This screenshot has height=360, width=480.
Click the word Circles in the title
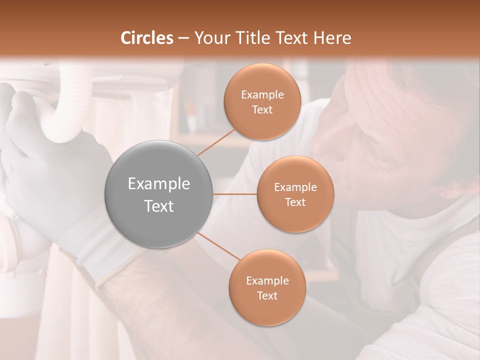[x=147, y=38]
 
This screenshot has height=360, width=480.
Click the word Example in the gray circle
[x=159, y=184]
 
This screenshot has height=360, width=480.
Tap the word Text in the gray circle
[x=159, y=206]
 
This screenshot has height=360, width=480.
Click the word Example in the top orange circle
[x=262, y=95]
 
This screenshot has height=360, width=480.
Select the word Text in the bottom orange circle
[x=267, y=295]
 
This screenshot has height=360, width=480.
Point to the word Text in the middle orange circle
[x=295, y=202]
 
